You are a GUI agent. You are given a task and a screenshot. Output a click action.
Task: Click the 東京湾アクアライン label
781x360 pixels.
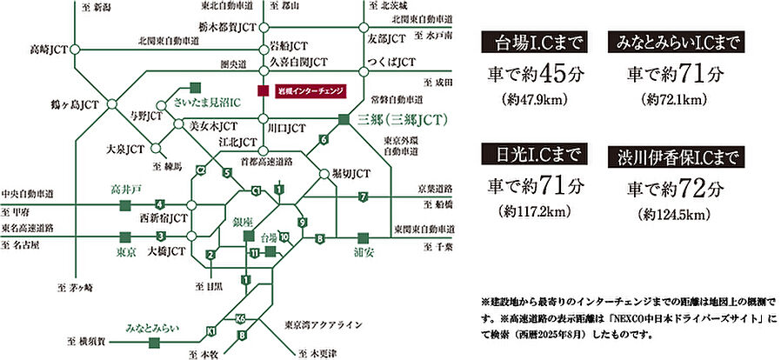322,324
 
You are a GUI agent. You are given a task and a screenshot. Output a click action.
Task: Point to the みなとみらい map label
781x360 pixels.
153,328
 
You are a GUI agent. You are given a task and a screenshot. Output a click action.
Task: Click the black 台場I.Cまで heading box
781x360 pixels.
536,43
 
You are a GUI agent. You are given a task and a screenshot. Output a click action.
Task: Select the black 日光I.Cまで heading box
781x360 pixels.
536,155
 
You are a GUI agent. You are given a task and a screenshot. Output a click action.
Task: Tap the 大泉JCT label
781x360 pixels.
124,150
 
